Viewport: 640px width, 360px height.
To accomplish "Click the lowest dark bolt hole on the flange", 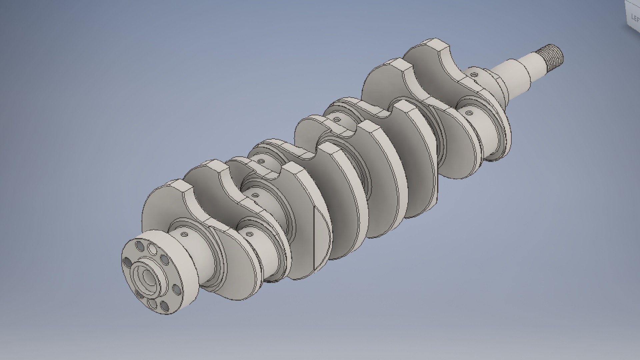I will (164, 306).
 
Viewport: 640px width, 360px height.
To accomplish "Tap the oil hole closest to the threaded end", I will (474, 75).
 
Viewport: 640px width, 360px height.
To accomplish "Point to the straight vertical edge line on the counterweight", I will (314, 233).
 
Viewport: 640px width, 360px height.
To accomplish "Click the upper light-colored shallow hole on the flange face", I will (152, 249).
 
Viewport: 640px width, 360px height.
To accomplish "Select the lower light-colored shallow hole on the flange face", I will (152, 304).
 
